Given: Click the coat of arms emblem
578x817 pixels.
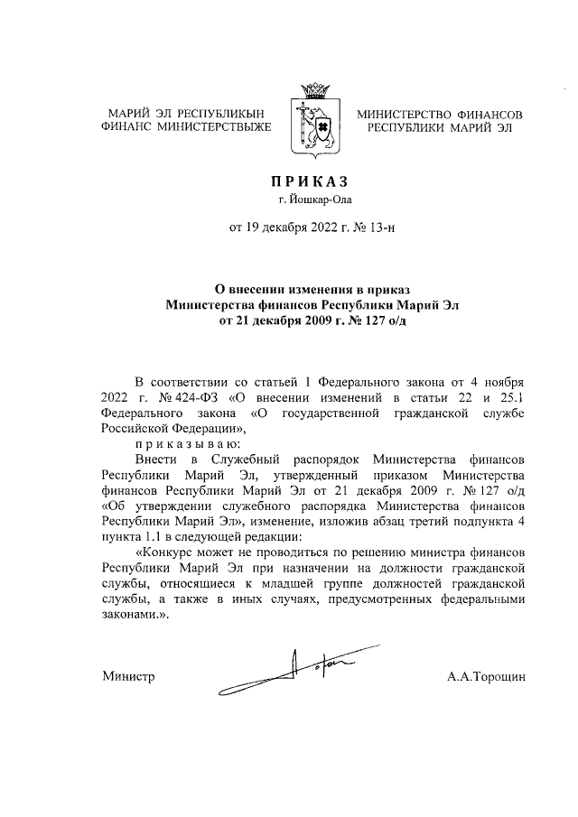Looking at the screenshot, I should (313, 125).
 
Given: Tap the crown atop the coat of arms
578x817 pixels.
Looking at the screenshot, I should (313, 90).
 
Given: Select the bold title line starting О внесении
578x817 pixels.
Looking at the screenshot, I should (312, 289).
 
